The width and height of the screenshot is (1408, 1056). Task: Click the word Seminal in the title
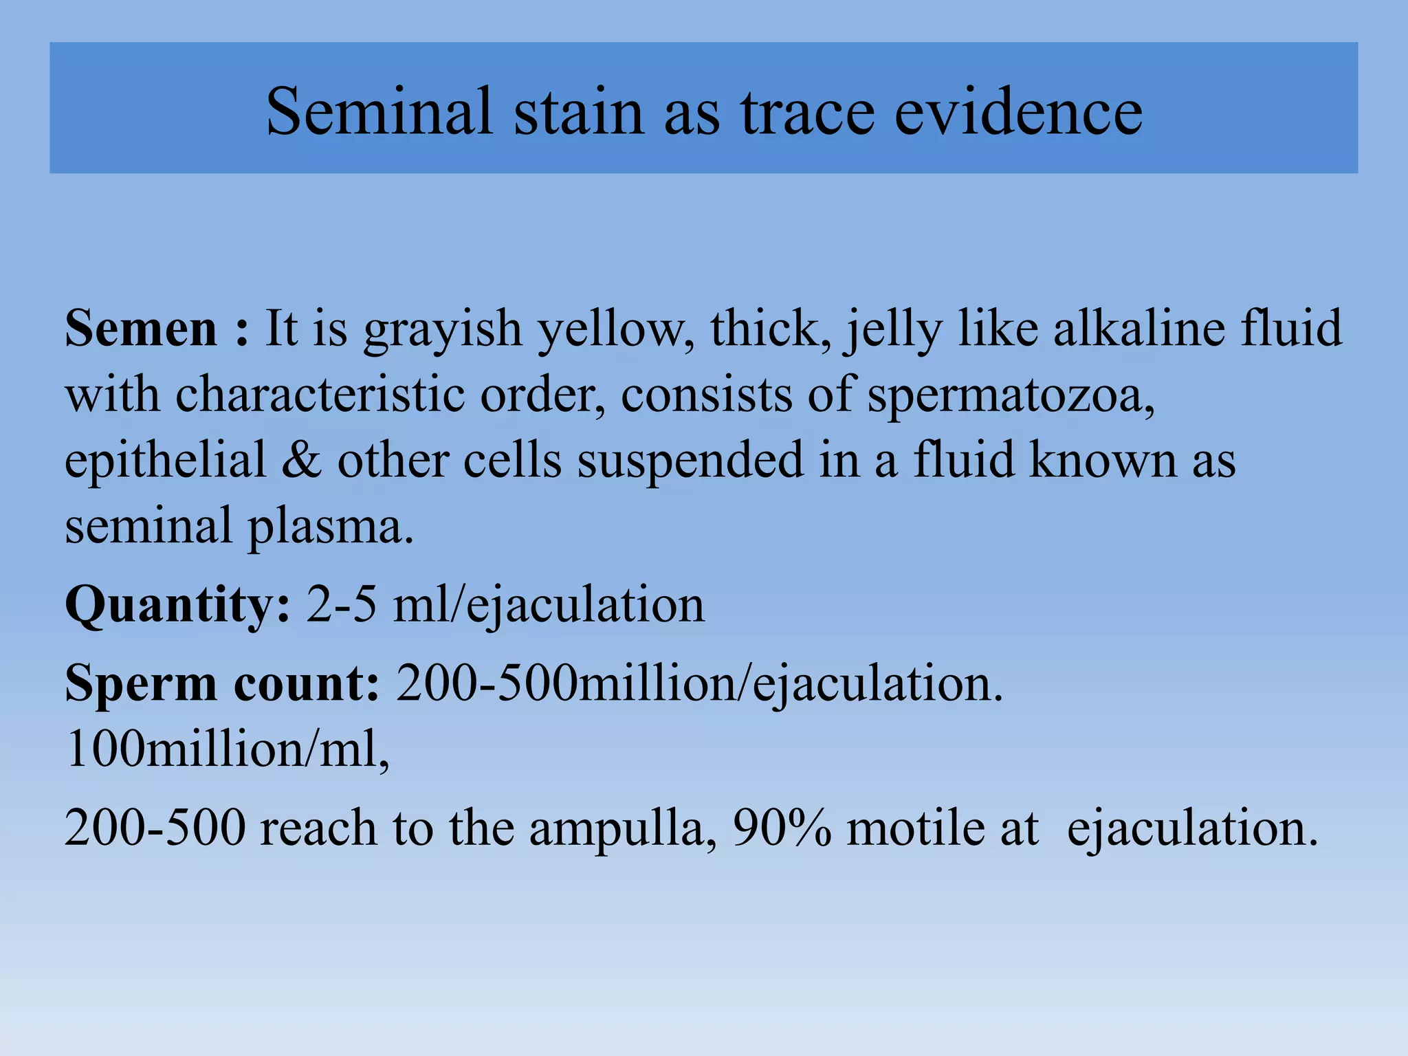pyautogui.click(x=379, y=111)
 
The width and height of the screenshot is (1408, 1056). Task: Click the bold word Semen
pyautogui.click(x=141, y=329)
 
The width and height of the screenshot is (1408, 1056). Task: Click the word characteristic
pyautogui.click(x=320, y=395)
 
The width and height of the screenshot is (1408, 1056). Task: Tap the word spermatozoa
pyautogui.click(x=1011, y=396)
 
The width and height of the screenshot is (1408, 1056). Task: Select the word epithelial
pyautogui.click(x=165, y=461)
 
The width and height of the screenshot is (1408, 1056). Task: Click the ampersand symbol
pyautogui.click(x=301, y=460)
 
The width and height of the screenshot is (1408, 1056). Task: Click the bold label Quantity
pyautogui.click(x=177, y=605)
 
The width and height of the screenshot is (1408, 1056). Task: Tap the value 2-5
pyautogui.click(x=342, y=604)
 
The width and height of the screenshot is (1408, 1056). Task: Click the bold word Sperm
pyautogui.click(x=141, y=685)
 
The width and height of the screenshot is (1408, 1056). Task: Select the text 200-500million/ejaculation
pyautogui.click(x=699, y=683)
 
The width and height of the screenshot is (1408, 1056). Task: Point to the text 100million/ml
pyautogui.click(x=227, y=749)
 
